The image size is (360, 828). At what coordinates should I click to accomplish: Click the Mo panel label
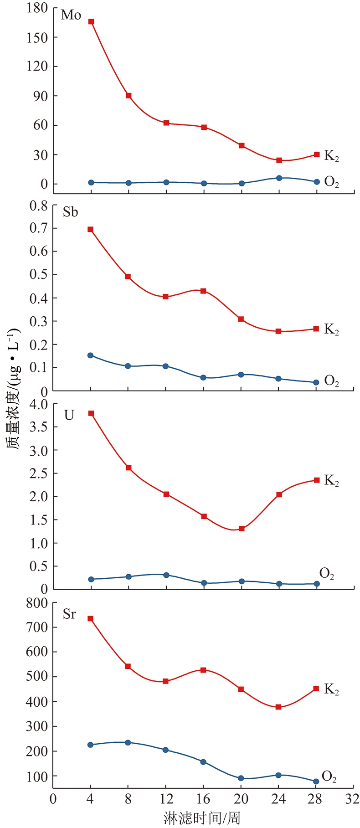(71, 15)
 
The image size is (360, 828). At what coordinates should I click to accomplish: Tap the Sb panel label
(70, 212)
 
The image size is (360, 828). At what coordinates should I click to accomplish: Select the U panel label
(69, 415)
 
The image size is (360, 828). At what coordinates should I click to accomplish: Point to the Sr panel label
(69, 614)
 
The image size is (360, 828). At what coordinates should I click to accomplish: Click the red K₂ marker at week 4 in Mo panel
(91, 21)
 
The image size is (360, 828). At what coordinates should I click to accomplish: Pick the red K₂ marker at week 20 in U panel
(242, 529)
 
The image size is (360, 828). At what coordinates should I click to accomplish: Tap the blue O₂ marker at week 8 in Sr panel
(128, 742)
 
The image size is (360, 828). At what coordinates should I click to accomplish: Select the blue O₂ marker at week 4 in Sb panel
(91, 355)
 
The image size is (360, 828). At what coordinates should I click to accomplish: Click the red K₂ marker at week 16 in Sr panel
(203, 670)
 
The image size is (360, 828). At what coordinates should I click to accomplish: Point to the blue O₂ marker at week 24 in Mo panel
(279, 178)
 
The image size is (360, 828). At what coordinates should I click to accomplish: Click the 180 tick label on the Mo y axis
(37, 8)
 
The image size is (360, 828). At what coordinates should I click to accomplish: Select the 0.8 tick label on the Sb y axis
(38, 205)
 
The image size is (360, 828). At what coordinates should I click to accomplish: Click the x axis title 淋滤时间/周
(202, 818)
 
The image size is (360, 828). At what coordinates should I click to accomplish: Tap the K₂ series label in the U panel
(331, 480)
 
